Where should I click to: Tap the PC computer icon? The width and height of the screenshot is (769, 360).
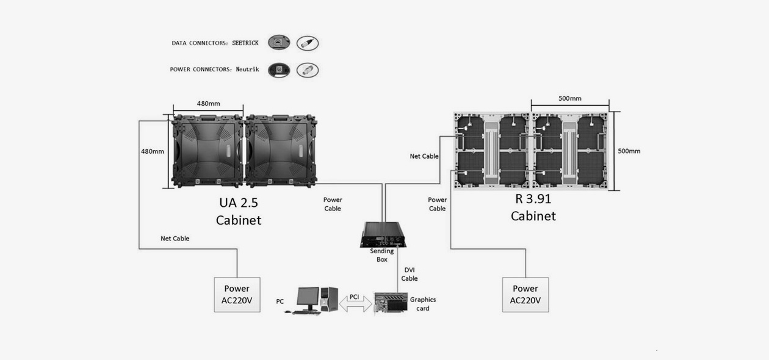click(x=312, y=300)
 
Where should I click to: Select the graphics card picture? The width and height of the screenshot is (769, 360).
click(x=391, y=303)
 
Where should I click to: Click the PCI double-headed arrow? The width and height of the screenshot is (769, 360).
click(x=355, y=303)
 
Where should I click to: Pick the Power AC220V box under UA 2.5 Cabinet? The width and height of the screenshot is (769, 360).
click(x=237, y=295)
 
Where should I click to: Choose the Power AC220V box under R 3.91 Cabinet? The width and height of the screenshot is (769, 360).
click(x=525, y=295)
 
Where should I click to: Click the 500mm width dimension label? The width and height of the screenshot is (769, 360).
click(x=569, y=98)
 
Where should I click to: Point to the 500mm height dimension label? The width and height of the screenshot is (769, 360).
click(x=629, y=151)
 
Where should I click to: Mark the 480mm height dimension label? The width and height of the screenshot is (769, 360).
click(x=153, y=151)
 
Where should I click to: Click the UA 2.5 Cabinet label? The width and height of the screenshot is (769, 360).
click(x=239, y=211)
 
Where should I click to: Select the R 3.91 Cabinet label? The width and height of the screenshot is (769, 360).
click(x=533, y=207)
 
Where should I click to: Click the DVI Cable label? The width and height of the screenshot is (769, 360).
click(x=410, y=274)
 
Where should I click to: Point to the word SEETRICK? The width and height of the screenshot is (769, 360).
click(x=245, y=43)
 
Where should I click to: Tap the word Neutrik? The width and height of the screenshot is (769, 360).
click(x=247, y=70)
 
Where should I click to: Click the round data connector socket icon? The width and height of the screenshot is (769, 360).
click(x=279, y=43)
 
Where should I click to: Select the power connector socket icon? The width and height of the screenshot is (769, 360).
click(x=279, y=70)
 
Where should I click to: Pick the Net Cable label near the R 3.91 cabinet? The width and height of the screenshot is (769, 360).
click(x=424, y=156)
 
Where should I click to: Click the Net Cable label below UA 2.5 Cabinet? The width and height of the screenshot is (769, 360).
click(x=175, y=239)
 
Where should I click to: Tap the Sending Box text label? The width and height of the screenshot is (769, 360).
click(x=382, y=255)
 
